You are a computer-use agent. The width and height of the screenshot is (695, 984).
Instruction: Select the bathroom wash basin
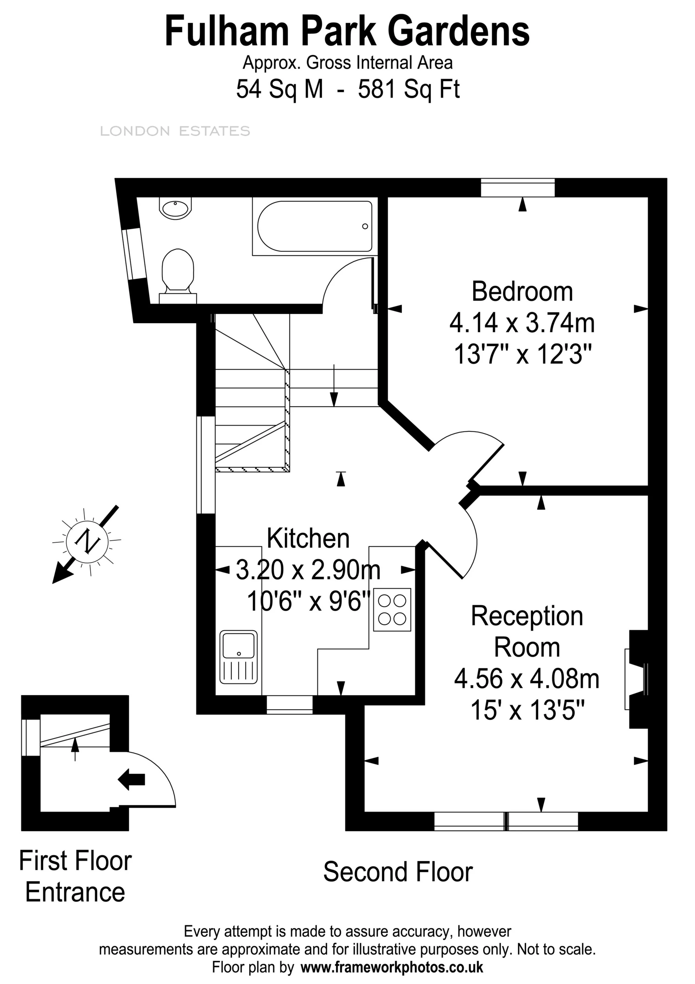tap(175, 208)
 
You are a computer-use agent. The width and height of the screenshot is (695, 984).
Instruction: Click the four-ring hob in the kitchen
tap(392, 610)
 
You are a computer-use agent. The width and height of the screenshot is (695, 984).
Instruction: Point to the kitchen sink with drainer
tap(239, 657)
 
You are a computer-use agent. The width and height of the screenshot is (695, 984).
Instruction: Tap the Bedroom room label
tap(522, 292)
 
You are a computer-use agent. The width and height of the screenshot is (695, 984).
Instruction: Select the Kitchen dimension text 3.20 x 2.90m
tap(308, 570)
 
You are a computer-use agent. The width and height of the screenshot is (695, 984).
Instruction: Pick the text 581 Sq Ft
tap(409, 90)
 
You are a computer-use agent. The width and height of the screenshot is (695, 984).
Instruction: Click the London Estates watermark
tap(175, 131)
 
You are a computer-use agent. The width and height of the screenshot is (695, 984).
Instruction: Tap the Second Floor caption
tap(398, 872)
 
